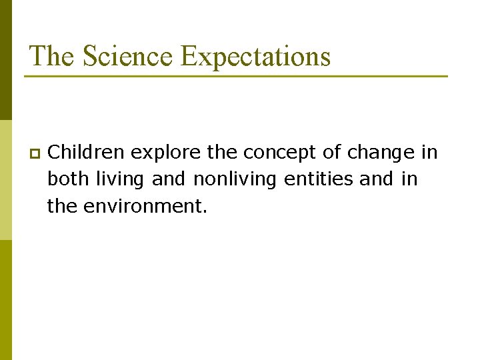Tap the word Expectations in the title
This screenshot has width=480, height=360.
click(256, 57)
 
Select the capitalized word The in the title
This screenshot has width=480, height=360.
click(52, 56)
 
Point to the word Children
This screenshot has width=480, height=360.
click(87, 153)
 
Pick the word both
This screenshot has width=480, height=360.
click(65, 179)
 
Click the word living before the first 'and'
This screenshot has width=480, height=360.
click(120, 180)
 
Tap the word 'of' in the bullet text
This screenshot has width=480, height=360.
click(331, 153)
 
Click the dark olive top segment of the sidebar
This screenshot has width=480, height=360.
click(5, 60)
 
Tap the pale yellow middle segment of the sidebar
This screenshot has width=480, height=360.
click(5, 180)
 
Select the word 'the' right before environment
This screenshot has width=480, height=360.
click(63, 207)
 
